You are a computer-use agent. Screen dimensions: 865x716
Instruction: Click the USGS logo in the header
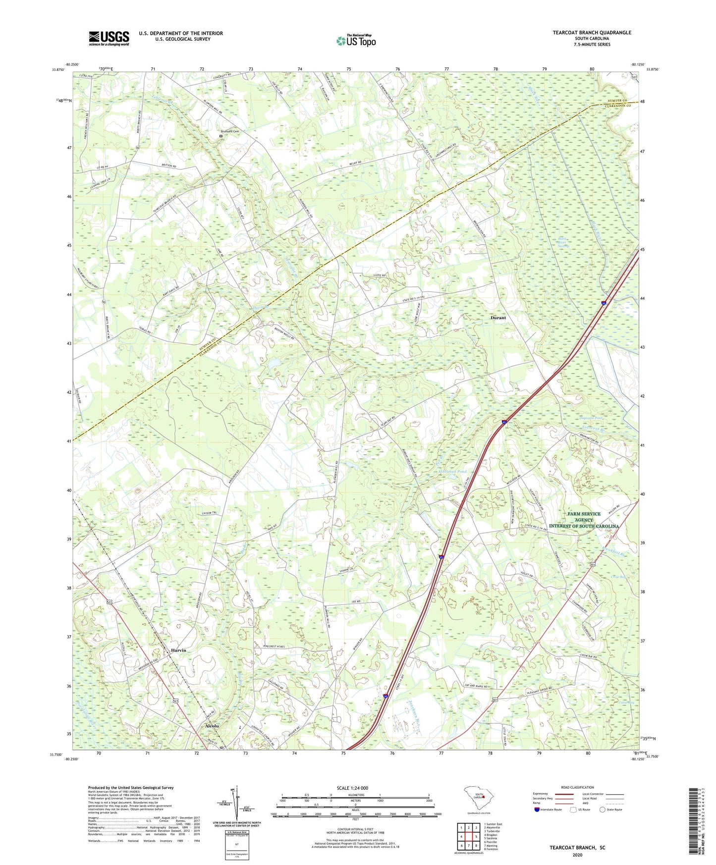(x=109, y=38)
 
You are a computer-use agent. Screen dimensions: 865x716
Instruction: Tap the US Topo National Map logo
(x=356, y=40)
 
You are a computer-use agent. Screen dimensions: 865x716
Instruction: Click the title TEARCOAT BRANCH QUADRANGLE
(x=592, y=33)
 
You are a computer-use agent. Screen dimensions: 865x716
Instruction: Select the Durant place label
(x=498, y=318)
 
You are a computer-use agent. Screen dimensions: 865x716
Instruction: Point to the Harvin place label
(x=178, y=650)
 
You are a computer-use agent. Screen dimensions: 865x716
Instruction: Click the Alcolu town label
(x=209, y=726)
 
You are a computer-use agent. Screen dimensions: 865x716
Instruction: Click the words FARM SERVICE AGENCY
(x=584, y=517)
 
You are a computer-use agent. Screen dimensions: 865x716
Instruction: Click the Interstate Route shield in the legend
(x=537, y=810)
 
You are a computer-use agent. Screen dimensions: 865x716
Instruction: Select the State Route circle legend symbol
(x=602, y=810)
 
